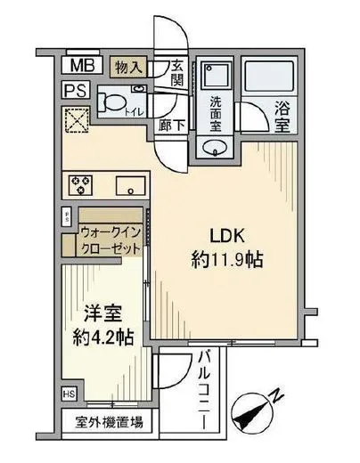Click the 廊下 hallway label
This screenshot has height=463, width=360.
click(x=173, y=126)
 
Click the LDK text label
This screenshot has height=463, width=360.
click(x=226, y=237)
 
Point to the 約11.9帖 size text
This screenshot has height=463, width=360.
click(x=228, y=261)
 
